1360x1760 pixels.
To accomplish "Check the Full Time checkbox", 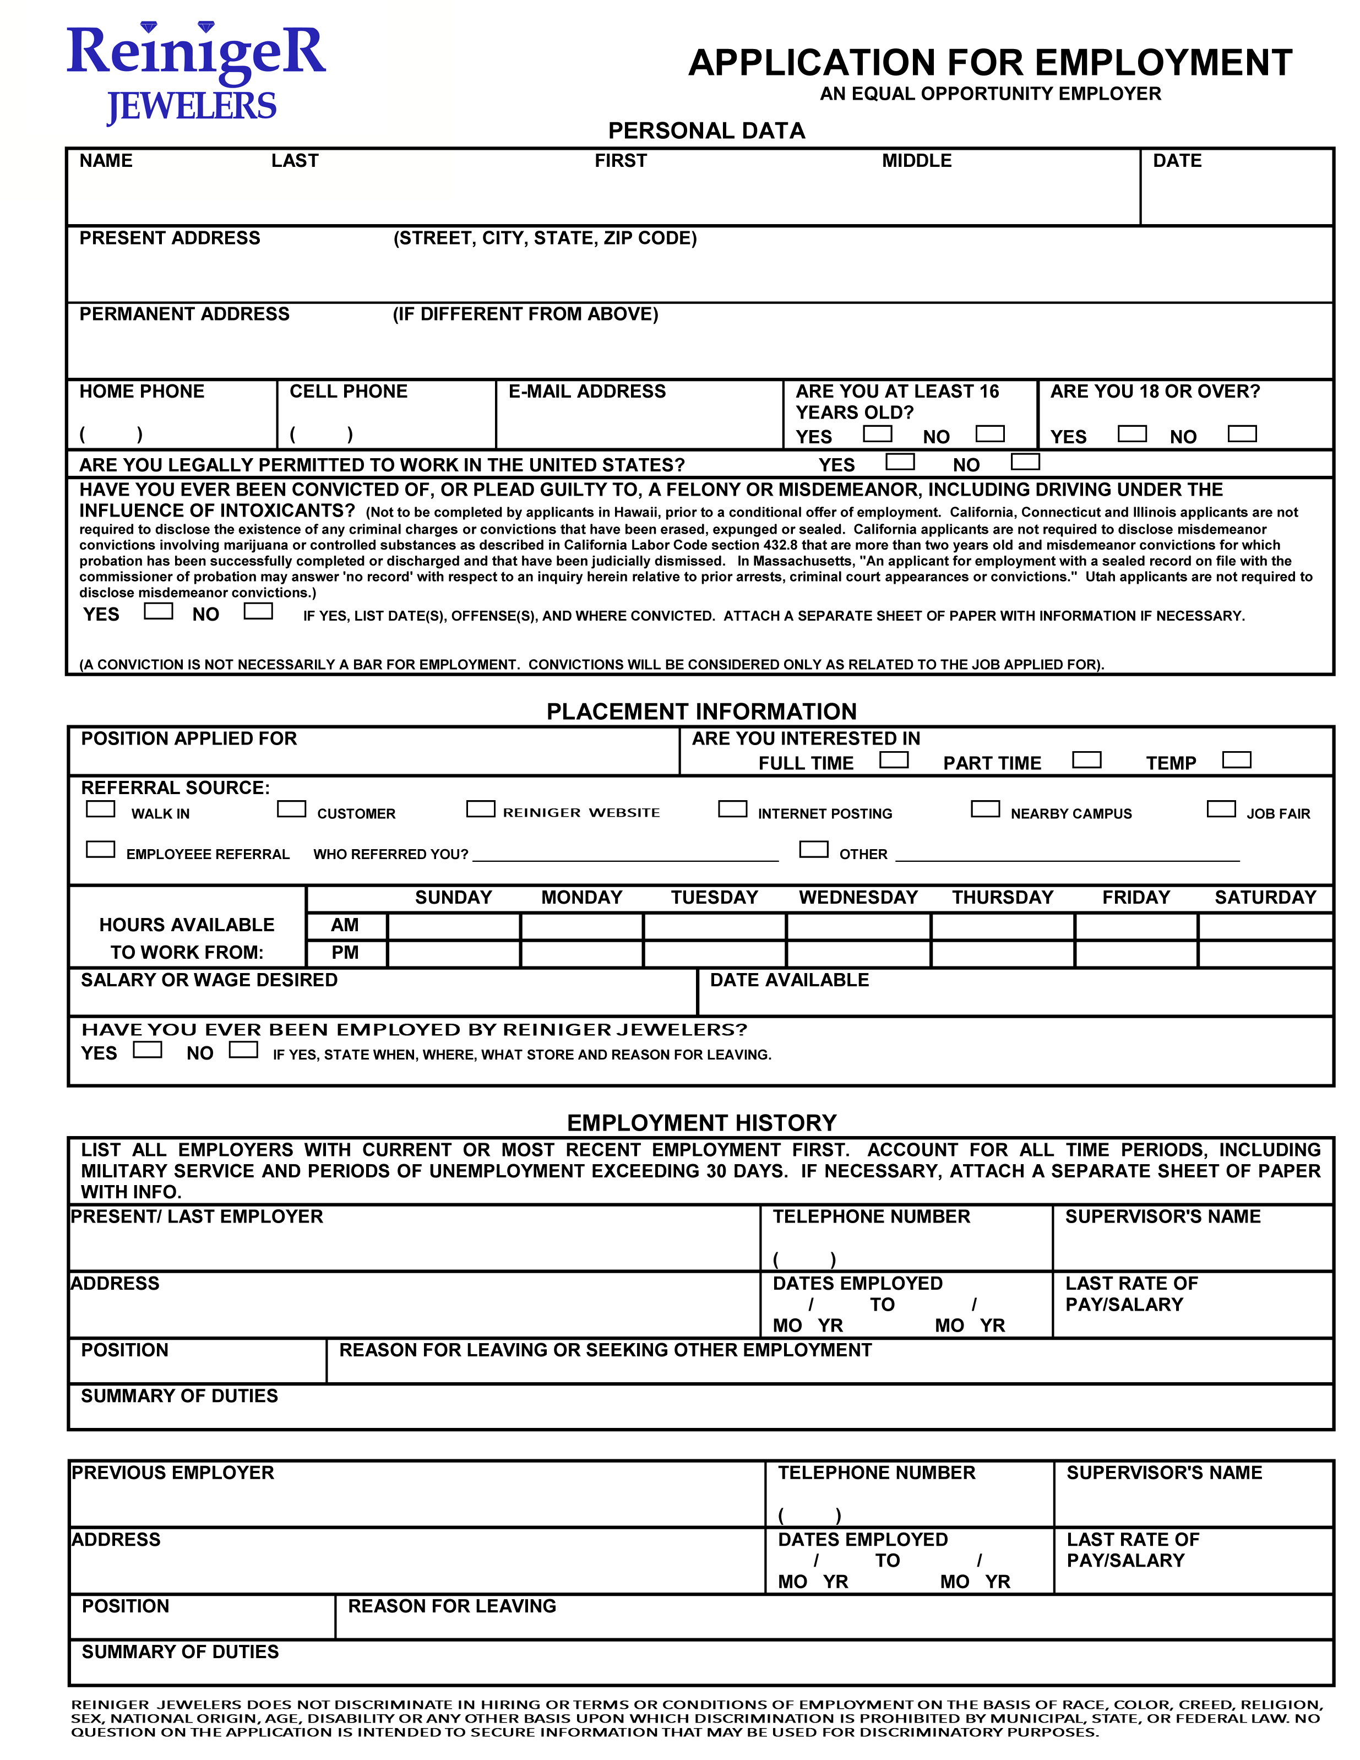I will tap(894, 760).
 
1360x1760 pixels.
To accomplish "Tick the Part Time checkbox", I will tap(1087, 760).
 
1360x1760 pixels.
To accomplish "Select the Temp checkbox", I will tap(1237, 760).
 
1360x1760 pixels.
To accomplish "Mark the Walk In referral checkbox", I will tap(101, 808).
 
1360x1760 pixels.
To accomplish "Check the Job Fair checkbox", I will tap(1221, 808).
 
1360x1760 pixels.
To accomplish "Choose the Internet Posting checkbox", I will tap(732, 808).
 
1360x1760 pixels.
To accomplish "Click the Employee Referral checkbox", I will tap(101, 849).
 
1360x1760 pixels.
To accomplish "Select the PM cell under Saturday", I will tap(1265, 953).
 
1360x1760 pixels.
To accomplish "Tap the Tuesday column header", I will tap(715, 898).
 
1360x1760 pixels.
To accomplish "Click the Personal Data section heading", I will tap(706, 131).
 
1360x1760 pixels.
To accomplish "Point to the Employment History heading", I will tap(702, 1122).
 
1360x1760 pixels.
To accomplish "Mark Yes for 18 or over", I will tap(1132, 433).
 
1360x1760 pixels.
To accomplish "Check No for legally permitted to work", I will tap(1026, 462).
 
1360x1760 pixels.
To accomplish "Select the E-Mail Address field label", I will tap(587, 392).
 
